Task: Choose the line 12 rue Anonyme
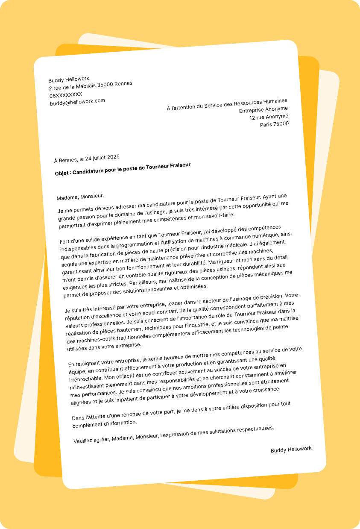(269, 117)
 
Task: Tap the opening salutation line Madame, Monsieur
(80, 197)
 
